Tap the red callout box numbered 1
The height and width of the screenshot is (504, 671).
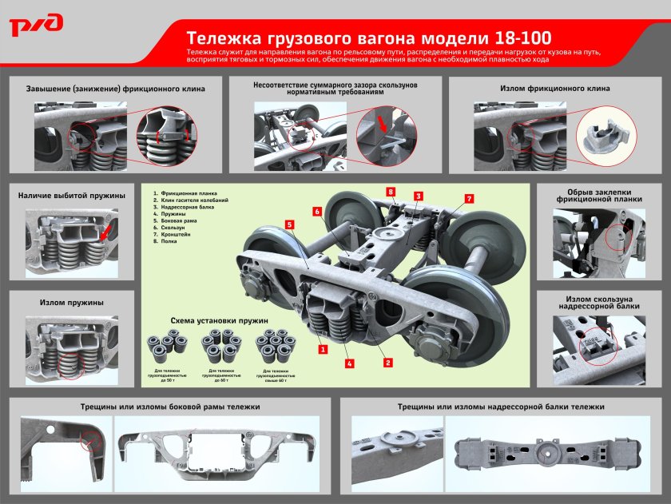point(322,349)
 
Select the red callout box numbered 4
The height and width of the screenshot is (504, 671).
point(350,363)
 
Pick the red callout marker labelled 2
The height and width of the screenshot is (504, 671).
point(387,363)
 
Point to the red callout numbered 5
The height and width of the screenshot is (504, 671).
point(290,225)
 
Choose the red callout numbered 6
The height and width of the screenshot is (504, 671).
point(317,212)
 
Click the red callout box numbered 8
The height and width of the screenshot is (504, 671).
point(391,192)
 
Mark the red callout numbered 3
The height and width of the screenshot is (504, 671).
point(418,196)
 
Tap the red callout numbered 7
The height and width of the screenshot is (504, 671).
point(470,198)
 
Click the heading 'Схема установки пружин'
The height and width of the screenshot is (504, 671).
point(219,320)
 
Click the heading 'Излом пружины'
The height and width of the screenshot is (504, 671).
point(71,303)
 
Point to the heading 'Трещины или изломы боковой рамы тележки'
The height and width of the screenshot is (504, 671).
point(169,407)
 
